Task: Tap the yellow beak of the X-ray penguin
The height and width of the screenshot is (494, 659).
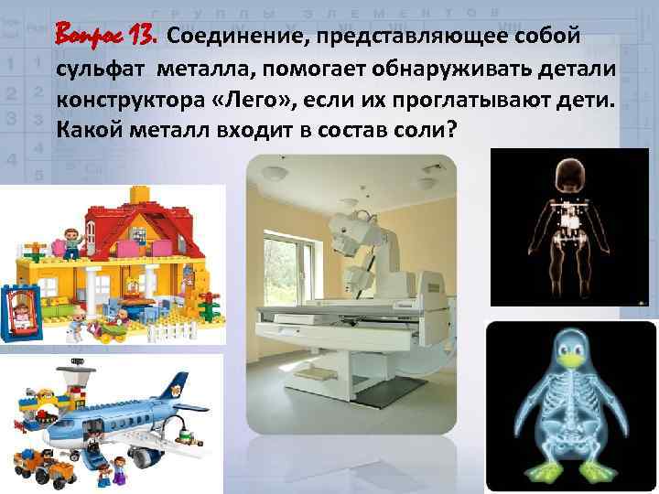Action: pyautogui.click(x=572, y=360)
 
